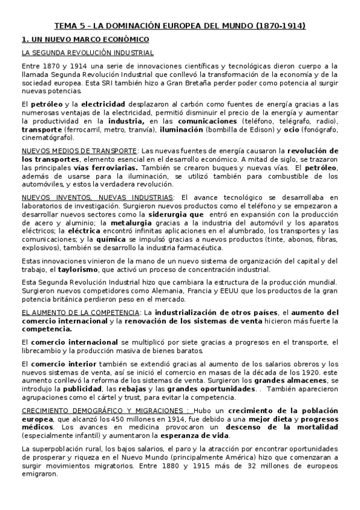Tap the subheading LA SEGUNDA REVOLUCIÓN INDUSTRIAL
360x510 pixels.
87,53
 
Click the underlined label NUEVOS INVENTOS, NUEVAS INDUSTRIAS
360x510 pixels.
97,197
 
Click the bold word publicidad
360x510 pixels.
97,389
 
